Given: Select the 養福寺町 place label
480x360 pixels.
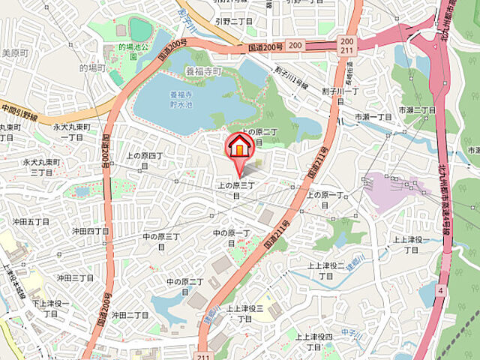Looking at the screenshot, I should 204,73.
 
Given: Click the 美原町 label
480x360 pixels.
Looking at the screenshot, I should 14,52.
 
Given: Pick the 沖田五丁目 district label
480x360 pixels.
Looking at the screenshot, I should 31,222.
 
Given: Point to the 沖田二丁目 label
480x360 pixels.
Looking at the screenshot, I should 130,316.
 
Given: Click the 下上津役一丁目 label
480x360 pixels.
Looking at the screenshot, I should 50,307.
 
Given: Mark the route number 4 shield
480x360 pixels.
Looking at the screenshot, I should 442,289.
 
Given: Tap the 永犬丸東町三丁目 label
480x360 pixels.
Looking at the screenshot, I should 40,166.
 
